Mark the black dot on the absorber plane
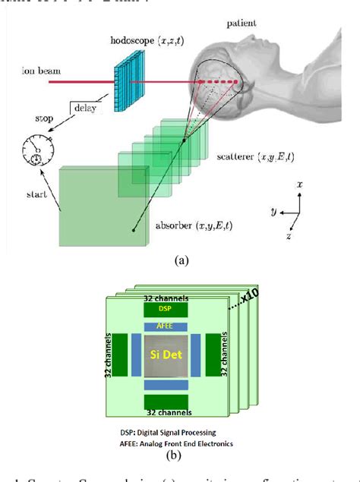pos(134,227)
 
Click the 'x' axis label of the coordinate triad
pos(302,184)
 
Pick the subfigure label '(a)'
pos(181,260)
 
